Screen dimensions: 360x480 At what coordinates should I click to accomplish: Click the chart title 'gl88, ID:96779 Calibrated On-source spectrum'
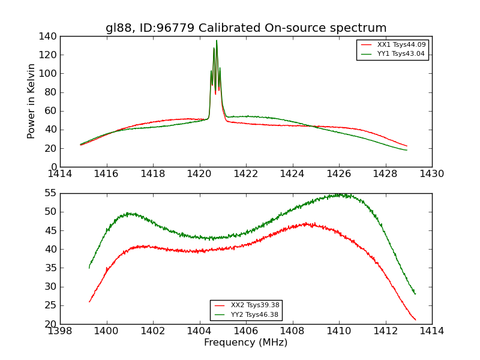coord(246,28)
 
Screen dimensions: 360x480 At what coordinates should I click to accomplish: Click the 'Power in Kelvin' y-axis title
coord(31,101)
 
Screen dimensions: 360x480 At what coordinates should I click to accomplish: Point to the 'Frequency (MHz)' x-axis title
coord(246,343)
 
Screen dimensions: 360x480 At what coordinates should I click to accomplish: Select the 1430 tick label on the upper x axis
coord(431,173)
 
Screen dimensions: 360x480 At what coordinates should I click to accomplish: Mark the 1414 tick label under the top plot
coord(61,173)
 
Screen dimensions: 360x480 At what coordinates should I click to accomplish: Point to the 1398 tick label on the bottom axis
coord(61,331)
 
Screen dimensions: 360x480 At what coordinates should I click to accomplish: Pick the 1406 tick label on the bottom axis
coord(246,331)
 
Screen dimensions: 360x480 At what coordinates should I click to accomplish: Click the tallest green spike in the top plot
coord(217,41)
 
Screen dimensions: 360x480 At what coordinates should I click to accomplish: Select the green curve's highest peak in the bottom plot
coord(340,194)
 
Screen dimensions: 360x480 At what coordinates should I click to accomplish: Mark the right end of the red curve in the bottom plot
coord(415,320)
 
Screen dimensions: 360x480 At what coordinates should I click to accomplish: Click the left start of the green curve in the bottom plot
coord(89,268)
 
